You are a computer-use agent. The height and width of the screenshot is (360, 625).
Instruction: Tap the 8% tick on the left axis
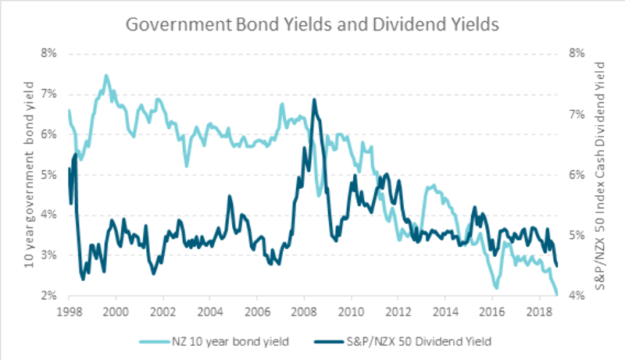pos(48,54)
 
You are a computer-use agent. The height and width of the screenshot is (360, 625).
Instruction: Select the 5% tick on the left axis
pos(48,175)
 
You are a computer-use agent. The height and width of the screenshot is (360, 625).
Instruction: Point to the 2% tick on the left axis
pos(48,296)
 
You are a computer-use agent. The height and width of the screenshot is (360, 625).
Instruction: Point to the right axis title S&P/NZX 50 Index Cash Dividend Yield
pos(600,175)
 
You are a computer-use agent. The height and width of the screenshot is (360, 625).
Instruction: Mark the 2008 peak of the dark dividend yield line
pos(314,99)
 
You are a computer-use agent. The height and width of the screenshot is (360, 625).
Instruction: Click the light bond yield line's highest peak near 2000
pos(106,75)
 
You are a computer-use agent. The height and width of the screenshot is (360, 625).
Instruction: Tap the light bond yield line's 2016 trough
pos(496,288)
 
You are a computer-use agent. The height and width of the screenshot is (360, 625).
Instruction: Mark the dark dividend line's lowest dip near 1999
pos(84,279)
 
